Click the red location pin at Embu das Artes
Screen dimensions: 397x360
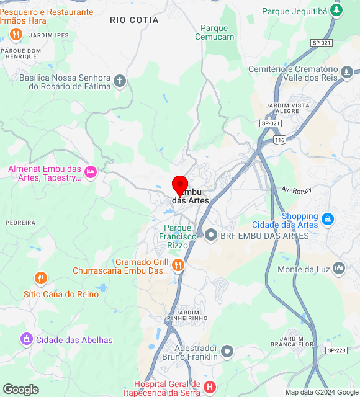180,185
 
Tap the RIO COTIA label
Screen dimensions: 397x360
134,20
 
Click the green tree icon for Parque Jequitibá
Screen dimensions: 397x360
336,11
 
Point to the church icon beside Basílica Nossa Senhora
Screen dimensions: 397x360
120,81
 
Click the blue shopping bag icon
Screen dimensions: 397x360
328,219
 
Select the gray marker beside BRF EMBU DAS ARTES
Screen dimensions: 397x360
211,235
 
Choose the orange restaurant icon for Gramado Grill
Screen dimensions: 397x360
178,265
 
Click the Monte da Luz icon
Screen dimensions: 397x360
339,268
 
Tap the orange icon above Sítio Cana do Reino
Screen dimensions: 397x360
41,278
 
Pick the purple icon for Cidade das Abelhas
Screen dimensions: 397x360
26,339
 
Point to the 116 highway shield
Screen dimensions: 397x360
281,141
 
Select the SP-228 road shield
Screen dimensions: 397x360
336,350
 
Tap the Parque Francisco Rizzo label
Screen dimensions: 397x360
178,236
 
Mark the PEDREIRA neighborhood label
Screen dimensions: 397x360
21,222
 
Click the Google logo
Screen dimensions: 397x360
20,390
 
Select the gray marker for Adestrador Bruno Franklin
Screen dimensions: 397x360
227,352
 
